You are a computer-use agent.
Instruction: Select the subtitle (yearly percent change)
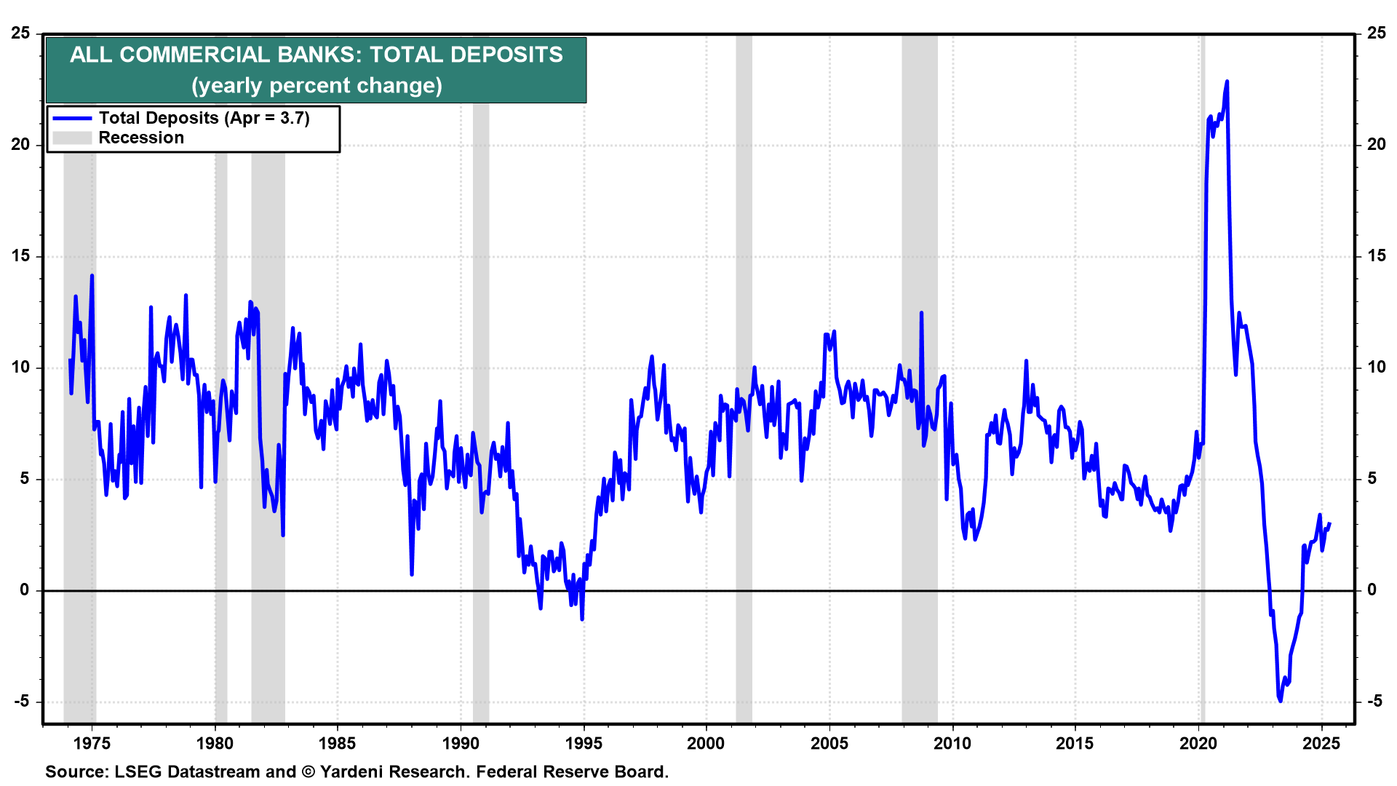click(x=317, y=86)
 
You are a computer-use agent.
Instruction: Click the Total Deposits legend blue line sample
click(x=72, y=118)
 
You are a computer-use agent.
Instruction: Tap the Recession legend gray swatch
click(x=72, y=138)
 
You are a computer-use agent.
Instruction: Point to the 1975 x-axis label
click(x=92, y=743)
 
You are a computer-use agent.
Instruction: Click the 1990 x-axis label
click(x=461, y=743)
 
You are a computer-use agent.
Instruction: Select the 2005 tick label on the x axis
click(x=829, y=743)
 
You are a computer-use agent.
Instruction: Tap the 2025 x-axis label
click(x=1321, y=743)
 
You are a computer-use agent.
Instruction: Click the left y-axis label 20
click(x=20, y=144)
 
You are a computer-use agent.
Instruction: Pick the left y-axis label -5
click(x=20, y=702)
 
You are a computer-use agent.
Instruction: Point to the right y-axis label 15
click(x=1376, y=255)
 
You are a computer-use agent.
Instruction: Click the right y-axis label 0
click(x=1372, y=590)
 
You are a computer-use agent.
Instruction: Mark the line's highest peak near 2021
click(x=1227, y=82)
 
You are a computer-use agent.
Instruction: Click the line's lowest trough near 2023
click(x=1280, y=700)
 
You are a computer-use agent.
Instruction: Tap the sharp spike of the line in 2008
click(x=921, y=313)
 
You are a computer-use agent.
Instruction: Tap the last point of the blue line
click(x=1329, y=524)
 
